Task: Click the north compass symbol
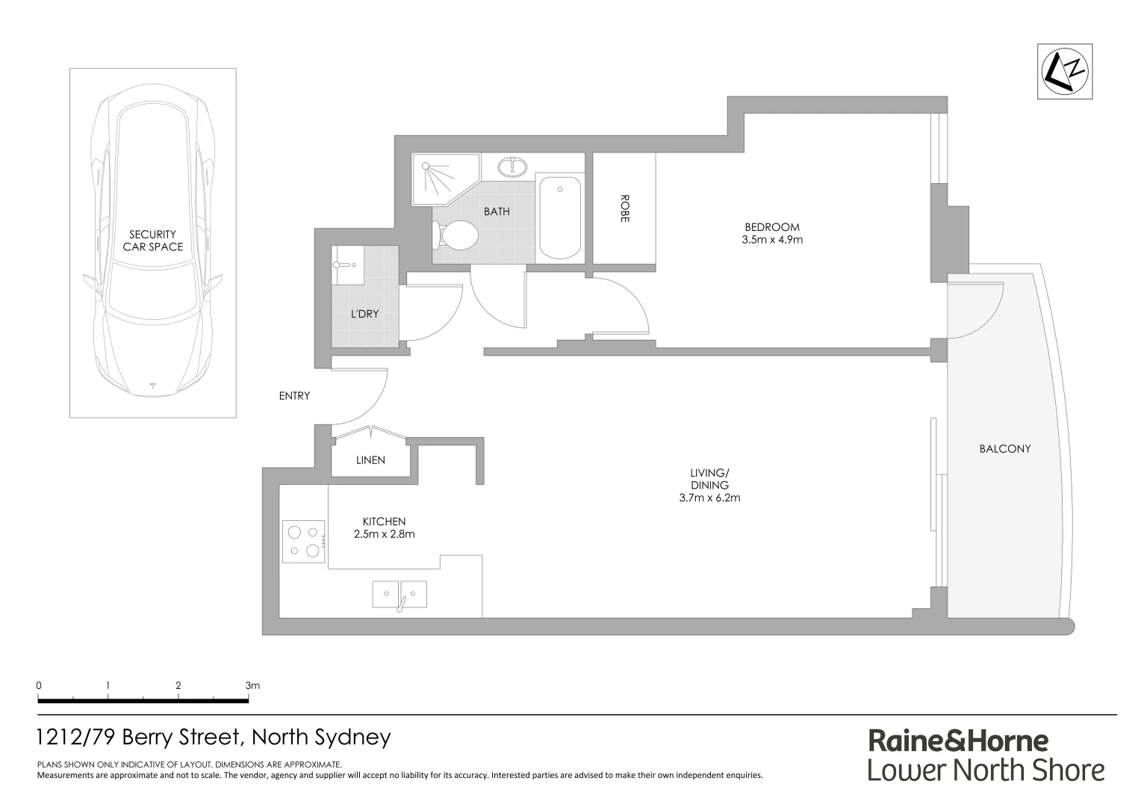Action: (1066, 71)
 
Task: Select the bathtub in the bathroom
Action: (560, 217)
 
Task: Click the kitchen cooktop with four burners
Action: (304, 542)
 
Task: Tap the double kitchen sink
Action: (399, 595)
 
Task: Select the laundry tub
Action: (347, 265)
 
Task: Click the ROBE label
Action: (624, 208)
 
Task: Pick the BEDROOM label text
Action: (771, 227)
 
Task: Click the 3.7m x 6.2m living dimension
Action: (709, 498)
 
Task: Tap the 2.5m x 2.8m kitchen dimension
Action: (384, 534)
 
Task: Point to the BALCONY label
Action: (1004, 449)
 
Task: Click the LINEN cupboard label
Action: (370, 460)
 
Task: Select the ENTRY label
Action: (294, 396)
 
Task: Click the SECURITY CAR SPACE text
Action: (152, 241)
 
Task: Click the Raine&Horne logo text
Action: (958, 740)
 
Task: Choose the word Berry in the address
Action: (149, 738)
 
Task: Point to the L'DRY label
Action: (364, 315)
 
